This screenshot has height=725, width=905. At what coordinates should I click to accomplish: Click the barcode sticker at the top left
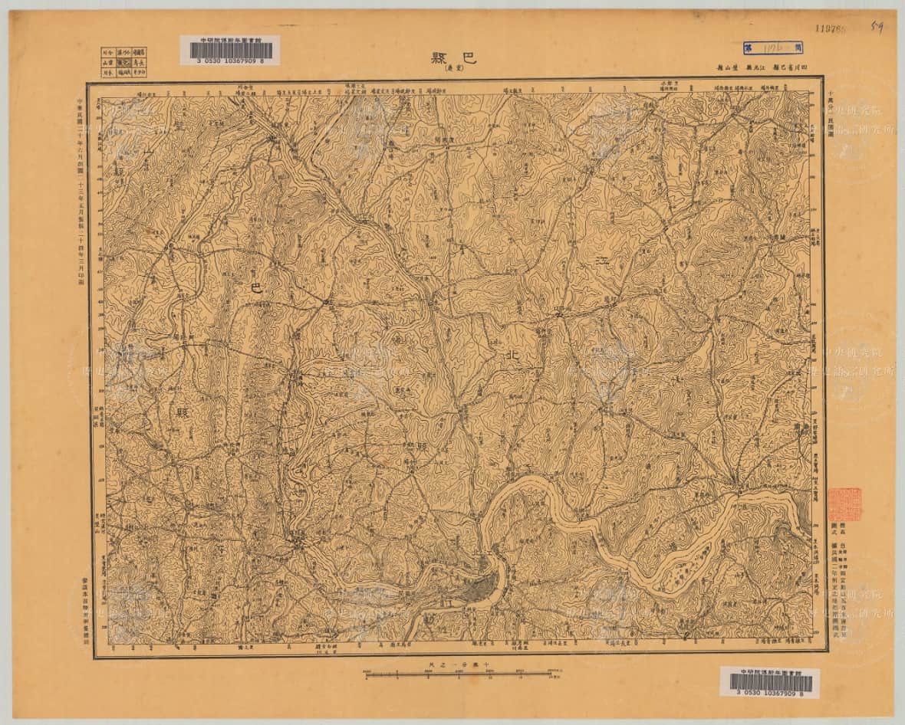[x=229, y=49]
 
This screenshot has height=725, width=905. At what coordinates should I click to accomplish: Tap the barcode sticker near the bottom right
[x=769, y=681]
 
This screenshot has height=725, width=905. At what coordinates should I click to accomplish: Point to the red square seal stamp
[x=845, y=504]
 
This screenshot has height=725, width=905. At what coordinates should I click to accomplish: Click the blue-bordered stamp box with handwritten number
[x=777, y=48]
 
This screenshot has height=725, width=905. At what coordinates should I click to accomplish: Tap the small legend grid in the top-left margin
[x=123, y=62]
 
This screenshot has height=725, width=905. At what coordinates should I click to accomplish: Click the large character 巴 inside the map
[x=256, y=288]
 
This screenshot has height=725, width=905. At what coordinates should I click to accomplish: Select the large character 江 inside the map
[x=604, y=261]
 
